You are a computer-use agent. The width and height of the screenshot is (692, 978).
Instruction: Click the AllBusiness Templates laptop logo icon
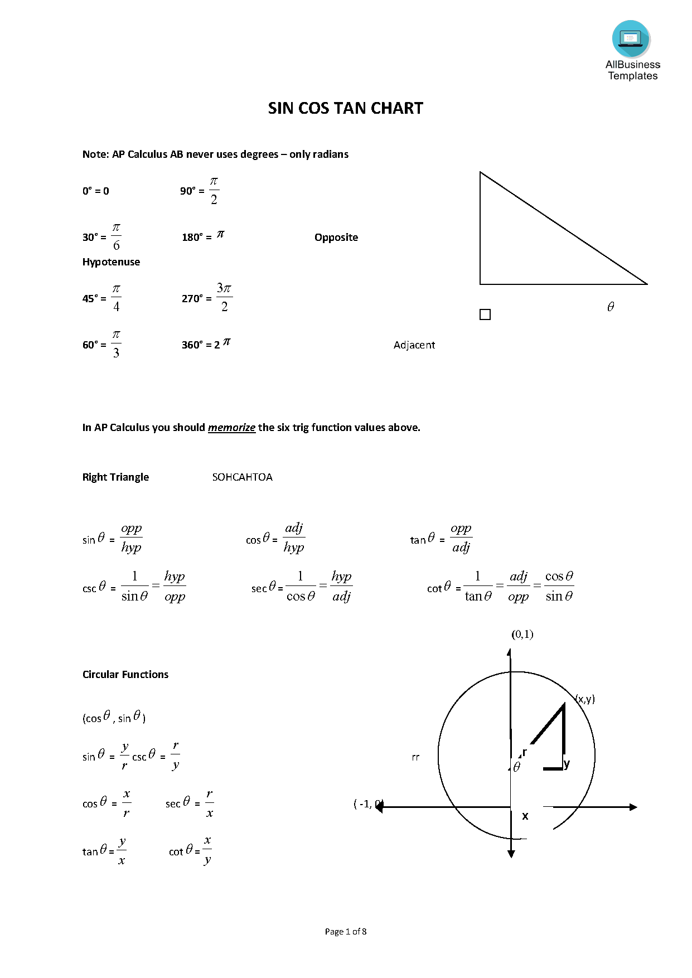tap(631, 39)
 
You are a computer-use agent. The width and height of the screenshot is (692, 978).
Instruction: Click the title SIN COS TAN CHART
tap(345, 108)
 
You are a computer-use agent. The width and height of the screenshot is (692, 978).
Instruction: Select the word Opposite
tap(336, 238)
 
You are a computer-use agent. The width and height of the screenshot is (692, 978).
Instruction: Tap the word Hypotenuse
tap(111, 262)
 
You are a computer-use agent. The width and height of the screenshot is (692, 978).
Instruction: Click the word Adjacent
tap(414, 345)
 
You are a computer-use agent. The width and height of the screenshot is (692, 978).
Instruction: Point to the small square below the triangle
tap(485, 314)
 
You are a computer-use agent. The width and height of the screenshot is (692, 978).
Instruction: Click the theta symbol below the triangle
tap(611, 307)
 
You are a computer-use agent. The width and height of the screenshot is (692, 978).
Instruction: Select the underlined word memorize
tap(231, 428)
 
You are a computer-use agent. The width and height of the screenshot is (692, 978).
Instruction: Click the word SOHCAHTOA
tap(242, 477)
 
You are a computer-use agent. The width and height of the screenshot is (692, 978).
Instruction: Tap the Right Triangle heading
tap(115, 477)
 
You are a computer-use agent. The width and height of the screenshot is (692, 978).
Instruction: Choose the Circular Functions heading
tap(125, 675)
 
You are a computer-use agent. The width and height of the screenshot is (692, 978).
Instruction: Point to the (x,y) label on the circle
tap(585, 699)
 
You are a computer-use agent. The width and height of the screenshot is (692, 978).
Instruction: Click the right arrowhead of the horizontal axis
tap(633, 807)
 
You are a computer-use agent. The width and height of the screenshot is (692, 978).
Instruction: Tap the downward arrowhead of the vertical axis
tap(511, 854)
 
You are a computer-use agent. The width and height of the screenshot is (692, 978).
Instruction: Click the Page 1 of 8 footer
tap(346, 931)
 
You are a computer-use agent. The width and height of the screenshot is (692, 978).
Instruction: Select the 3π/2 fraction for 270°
tap(224, 297)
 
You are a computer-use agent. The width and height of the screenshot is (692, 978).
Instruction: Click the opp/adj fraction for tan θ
tap(461, 538)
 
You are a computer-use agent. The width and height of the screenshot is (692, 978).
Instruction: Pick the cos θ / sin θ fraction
tap(559, 586)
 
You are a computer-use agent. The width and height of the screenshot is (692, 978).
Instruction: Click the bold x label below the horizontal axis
tap(525, 816)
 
